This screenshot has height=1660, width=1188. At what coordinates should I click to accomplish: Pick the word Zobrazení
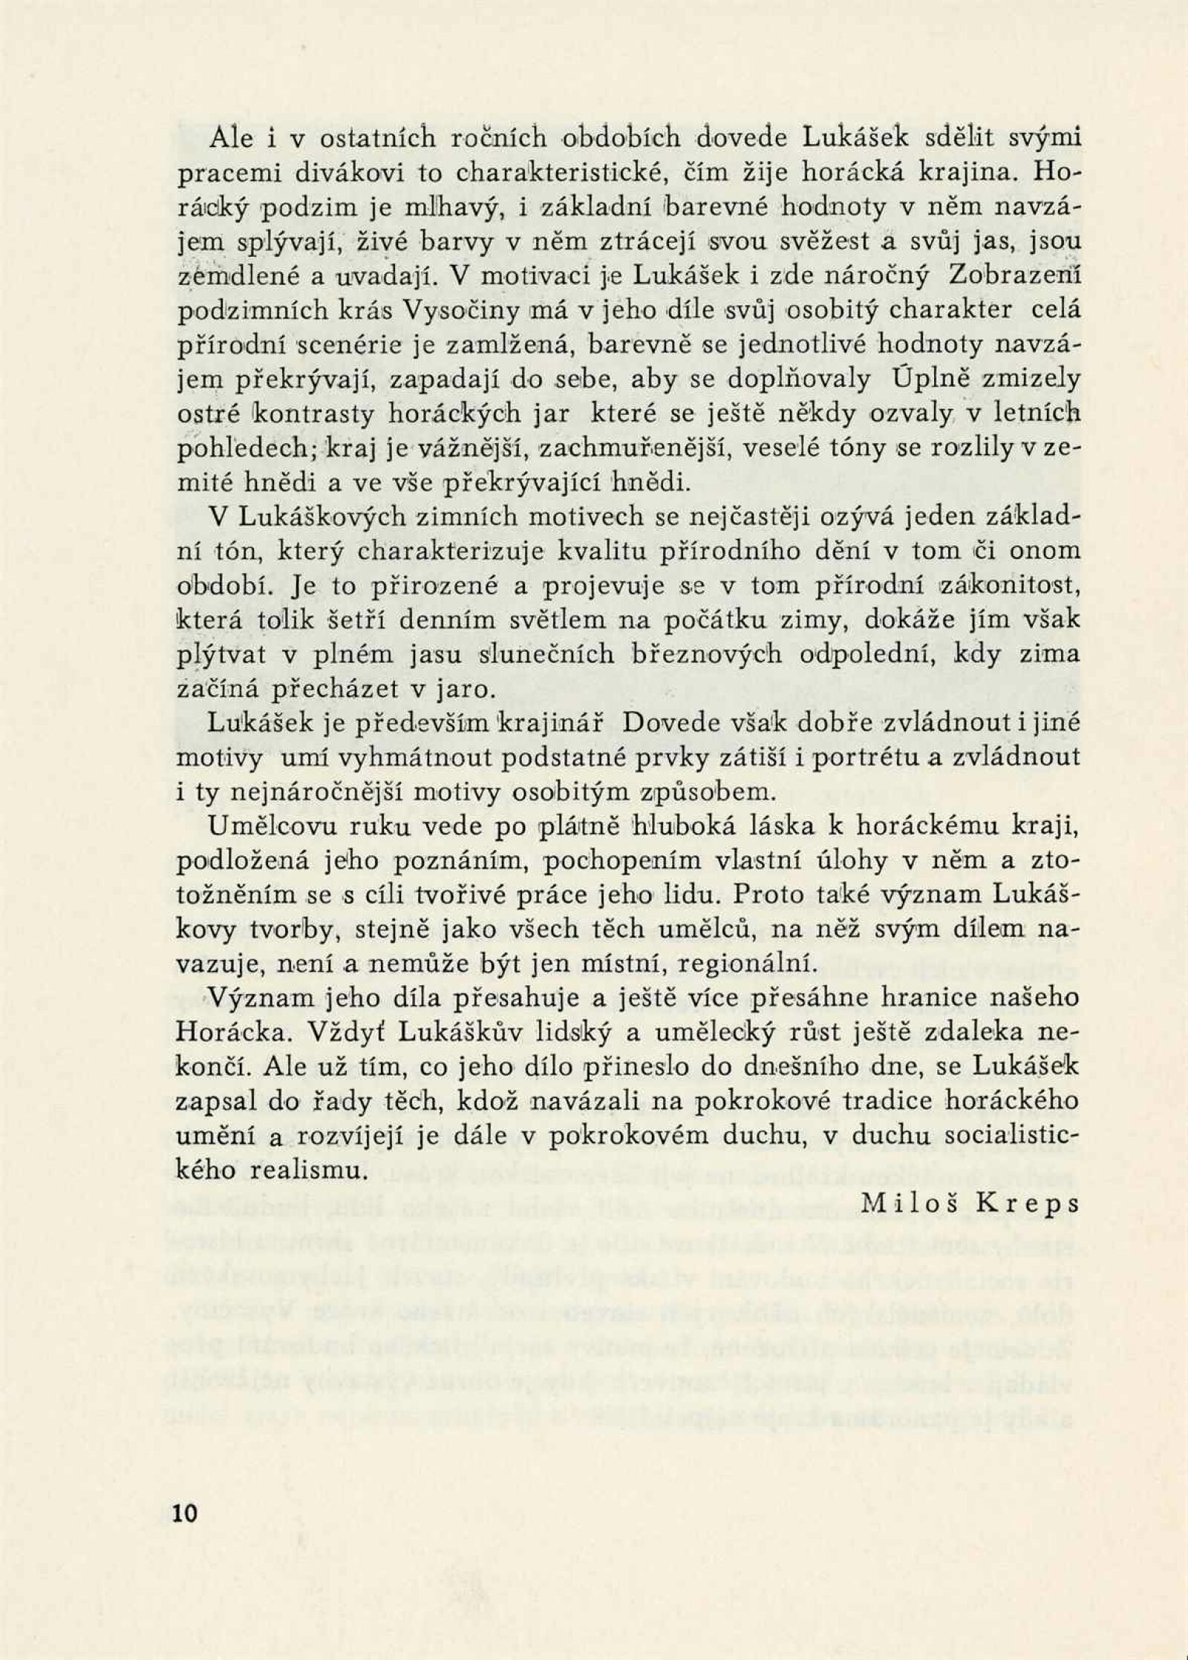point(1014,277)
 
